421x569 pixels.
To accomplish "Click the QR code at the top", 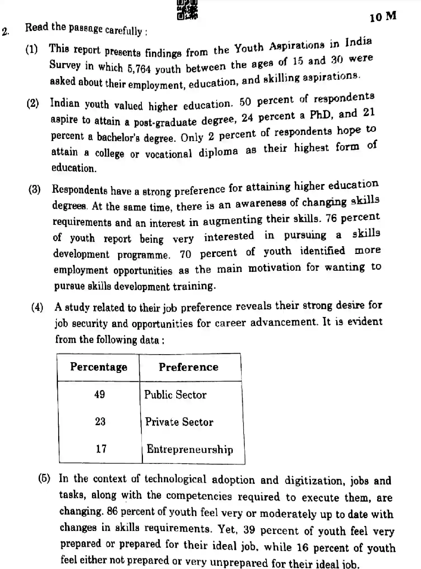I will click(x=187, y=10).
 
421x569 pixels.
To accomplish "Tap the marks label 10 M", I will click(x=383, y=17).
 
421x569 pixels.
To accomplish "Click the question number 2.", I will click(x=5, y=31).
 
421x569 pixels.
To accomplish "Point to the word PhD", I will click(x=320, y=115).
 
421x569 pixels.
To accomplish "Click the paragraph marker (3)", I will click(x=35, y=190).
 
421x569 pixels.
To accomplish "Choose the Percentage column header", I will click(x=98, y=367).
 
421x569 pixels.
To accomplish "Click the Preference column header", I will click(x=189, y=367).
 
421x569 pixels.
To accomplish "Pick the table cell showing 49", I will click(x=100, y=394).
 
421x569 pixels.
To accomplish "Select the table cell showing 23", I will click(x=100, y=421).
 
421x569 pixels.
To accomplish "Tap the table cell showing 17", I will click(x=101, y=449).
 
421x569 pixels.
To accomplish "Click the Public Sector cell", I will click(x=175, y=395).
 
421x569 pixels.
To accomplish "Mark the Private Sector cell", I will click(x=179, y=422).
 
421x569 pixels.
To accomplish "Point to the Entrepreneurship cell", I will click(x=190, y=449).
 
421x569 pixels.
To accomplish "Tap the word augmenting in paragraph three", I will click(x=232, y=221).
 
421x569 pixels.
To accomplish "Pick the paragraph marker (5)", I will click(x=44, y=478).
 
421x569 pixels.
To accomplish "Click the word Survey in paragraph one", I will click(x=65, y=65).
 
